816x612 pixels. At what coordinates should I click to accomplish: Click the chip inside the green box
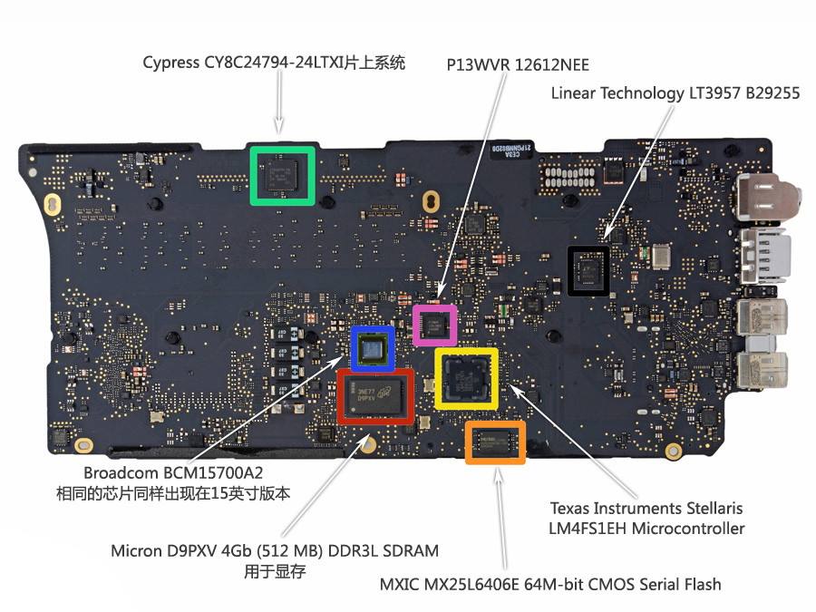pyautogui.click(x=282, y=174)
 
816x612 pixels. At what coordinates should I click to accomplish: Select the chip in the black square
pyautogui.click(x=588, y=270)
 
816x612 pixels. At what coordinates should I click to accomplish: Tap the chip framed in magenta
pyautogui.click(x=434, y=325)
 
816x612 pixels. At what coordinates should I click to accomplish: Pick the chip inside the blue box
pyautogui.click(x=373, y=349)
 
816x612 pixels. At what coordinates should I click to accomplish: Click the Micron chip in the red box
pyautogui.click(x=375, y=396)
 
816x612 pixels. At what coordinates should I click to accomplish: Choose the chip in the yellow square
pyautogui.click(x=466, y=377)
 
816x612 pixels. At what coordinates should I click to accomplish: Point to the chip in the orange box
pyautogui.click(x=495, y=442)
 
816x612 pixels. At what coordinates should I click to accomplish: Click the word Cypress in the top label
pyautogui.click(x=172, y=63)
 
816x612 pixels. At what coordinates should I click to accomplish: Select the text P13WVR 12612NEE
pyautogui.click(x=518, y=64)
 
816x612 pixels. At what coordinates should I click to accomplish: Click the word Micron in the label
pyautogui.click(x=137, y=550)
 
